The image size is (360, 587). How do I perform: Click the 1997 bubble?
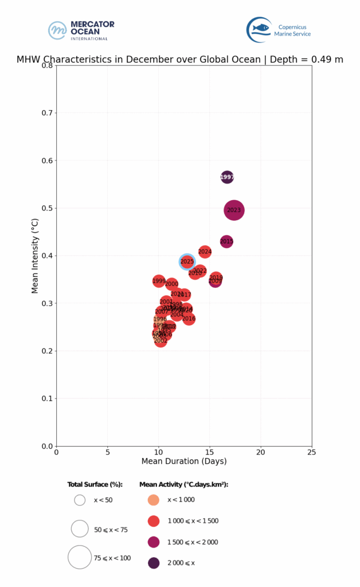[227, 177]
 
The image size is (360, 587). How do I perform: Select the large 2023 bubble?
[234, 210]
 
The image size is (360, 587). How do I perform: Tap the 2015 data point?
[226, 242]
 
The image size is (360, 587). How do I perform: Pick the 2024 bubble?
[205, 252]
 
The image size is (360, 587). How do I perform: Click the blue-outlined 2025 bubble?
[187, 261]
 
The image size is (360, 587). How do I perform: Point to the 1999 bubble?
[159, 281]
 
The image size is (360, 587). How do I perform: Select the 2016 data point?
[189, 319]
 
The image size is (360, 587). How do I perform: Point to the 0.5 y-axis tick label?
[47, 208]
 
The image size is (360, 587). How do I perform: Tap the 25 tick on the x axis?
[312, 452]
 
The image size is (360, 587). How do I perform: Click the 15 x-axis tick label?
[210, 452]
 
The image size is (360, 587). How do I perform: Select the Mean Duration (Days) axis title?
[184, 461]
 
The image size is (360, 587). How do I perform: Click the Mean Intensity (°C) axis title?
[35, 256]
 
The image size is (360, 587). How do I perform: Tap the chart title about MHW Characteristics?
[180, 59]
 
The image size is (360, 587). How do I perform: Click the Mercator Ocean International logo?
[81, 30]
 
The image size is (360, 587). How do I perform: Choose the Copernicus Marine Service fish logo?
[259, 29]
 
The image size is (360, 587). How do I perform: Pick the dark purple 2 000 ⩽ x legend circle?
[154, 563]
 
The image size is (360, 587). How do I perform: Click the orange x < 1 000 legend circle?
[154, 500]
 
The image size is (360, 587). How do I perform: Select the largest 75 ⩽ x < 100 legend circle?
[80, 557]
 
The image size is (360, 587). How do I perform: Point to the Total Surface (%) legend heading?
[95, 484]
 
